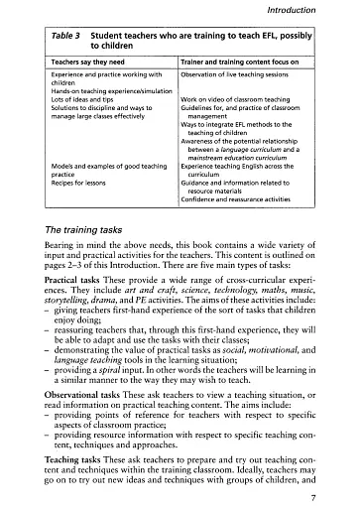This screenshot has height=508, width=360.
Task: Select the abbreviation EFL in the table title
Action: [259, 35]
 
